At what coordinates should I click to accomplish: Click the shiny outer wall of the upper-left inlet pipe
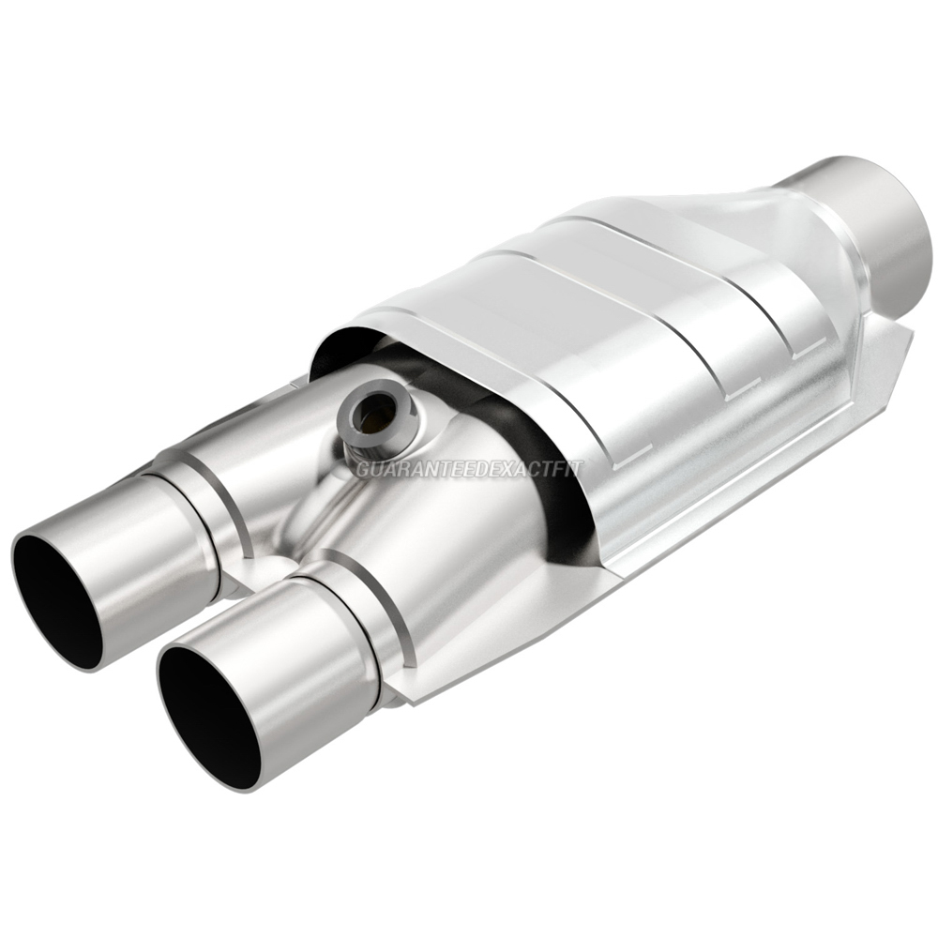141,544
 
